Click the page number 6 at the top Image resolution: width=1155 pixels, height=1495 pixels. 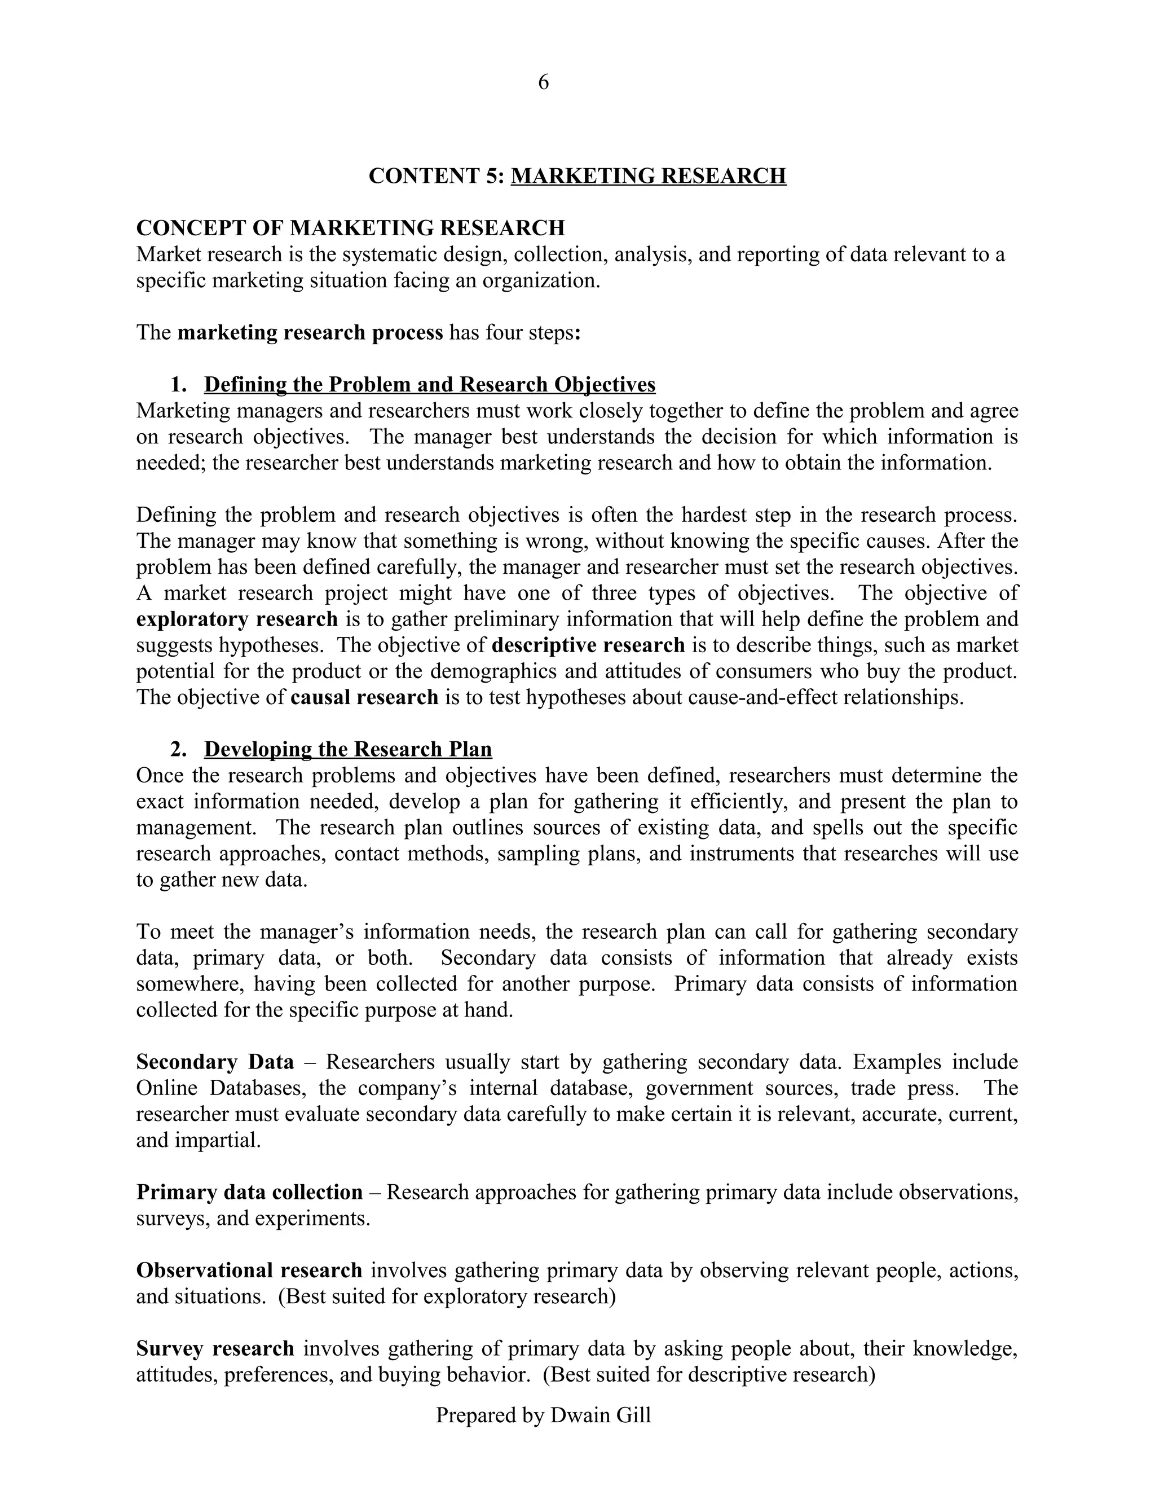pos(543,82)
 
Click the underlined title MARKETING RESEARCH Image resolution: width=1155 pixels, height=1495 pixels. pos(648,176)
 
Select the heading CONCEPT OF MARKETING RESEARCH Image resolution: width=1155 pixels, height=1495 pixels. pos(350,228)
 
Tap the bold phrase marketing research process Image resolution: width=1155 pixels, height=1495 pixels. pos(310,333)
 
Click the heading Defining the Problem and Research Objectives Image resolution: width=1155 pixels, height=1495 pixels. pos(430,385)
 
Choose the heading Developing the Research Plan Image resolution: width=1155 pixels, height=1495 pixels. pos(347,750)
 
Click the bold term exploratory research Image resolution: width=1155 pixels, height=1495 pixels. pos(237,619)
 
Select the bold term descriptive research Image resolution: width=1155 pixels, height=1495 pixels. pos(588,645)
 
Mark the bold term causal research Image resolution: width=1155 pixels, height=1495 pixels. pos(364,697)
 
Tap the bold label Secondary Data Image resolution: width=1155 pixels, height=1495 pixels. pos(215,1062)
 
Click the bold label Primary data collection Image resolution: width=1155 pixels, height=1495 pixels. pos(249,1193)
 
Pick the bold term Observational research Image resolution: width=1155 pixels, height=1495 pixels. pos(249,1270)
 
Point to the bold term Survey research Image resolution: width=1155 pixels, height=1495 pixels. pos(215,1349)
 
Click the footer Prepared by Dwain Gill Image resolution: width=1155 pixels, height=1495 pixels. pos(543,1415)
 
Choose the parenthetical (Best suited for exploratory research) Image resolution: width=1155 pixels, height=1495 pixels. pos(447,1296)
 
